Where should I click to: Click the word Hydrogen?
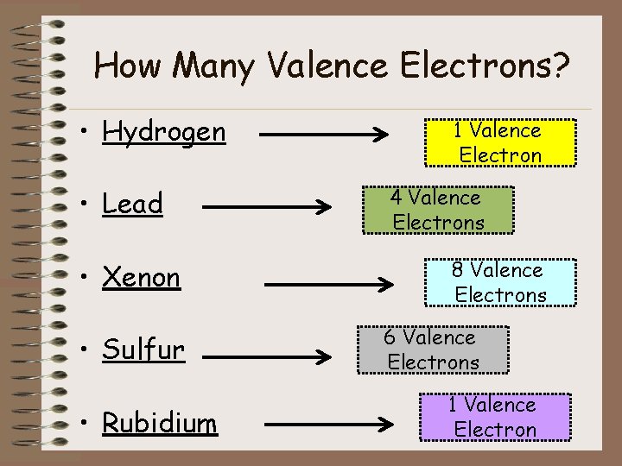pos(163,132)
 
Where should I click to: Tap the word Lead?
pos(132,205)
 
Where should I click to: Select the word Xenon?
pos(141,278)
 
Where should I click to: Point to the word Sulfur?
pos(143,350)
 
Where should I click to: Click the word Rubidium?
pos(160,423)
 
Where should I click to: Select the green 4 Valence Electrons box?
pos(438,210)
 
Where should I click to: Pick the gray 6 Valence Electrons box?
pos(433,349)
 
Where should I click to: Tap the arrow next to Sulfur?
pos(268,351)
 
